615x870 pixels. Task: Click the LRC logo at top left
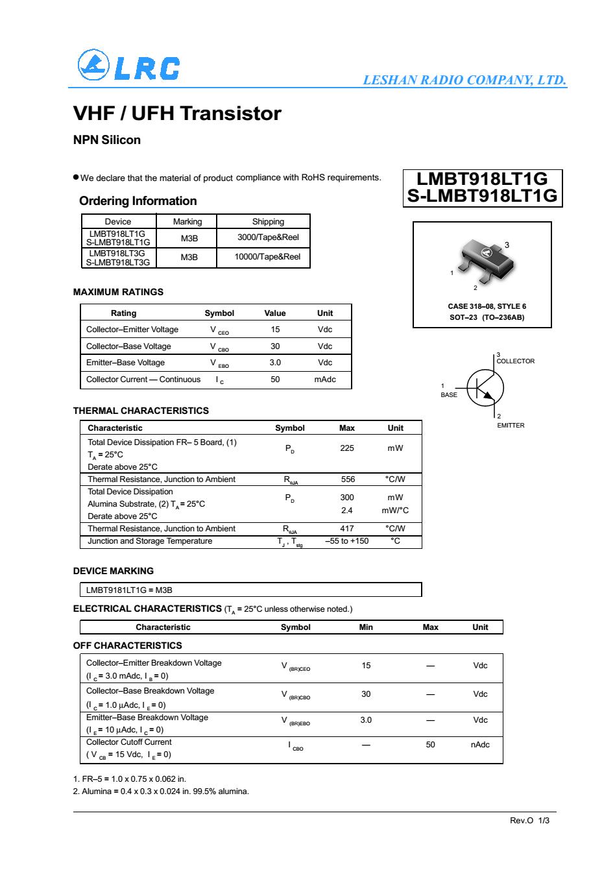[128, 66]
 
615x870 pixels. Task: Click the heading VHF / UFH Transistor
[177, 114]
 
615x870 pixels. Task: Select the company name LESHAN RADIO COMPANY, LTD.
[464, 80]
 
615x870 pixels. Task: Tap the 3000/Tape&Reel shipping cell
[268, 237]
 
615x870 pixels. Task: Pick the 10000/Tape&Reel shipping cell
[267, 257]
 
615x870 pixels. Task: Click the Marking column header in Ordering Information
[187, 221]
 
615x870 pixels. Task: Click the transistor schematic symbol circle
[485, 387]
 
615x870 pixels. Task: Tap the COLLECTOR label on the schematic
[516, 361]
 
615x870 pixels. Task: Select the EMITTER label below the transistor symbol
[511, 426]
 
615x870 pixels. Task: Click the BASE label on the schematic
[449, 394]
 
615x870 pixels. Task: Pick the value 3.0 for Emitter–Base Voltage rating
[275, 363]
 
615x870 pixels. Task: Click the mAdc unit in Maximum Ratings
[324, 380]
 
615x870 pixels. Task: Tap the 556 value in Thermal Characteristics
[348, 479]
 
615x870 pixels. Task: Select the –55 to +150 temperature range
[346, 541]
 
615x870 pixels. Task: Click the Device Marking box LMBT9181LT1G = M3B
[250, 590]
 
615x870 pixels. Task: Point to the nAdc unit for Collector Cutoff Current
[480, 745]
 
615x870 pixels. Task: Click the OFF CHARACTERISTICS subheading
[128, 646]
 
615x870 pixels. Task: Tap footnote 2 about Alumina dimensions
[161, 791]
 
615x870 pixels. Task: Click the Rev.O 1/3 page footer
[529, 821]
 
